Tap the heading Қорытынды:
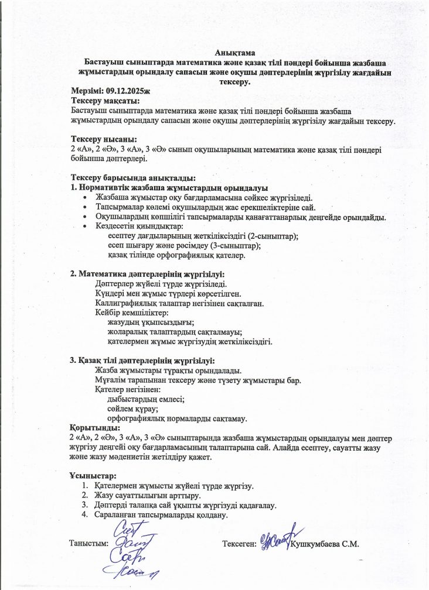[x=95, y=428]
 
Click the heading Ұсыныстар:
[x=93, y=476]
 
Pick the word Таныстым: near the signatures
[x=89, y=543]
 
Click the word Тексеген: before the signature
[x=239, y=544]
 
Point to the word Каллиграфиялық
[x=125, y=303]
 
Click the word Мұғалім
[x=110, y=380]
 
